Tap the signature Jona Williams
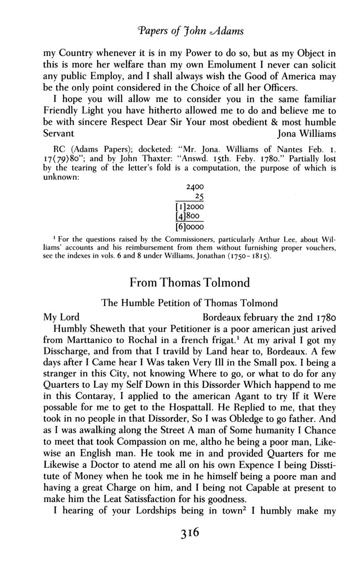[x=306, y=133]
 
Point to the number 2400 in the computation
[x=194, y=187]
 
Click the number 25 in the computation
[x=199, y=197]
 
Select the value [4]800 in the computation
[x=189, y=217]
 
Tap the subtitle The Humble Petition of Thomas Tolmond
[x=189, y=303]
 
